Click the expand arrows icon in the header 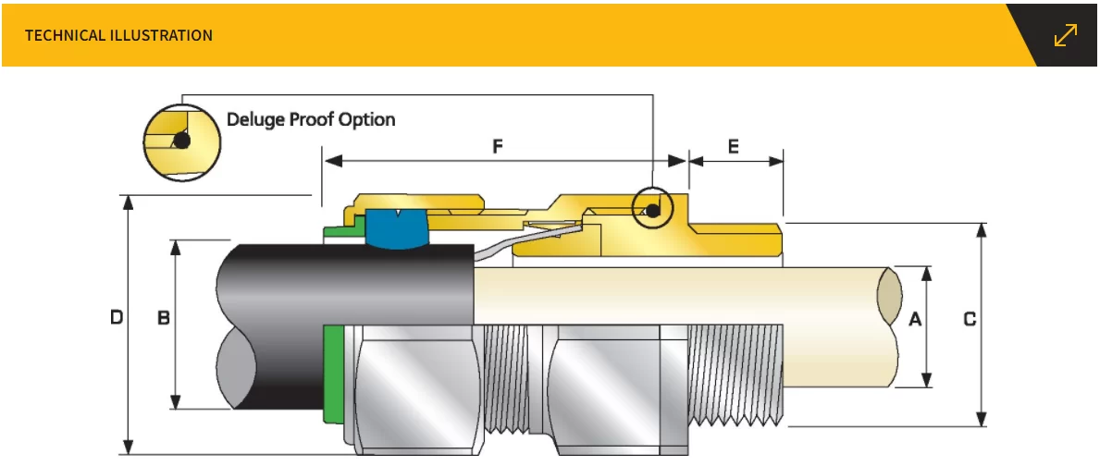[x=1066, y=35]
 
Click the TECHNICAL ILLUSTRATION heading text [x=118, y=35]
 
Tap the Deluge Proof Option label [x=311, y=119]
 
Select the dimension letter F [x=498, y=146]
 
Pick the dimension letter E [x=734, y=146]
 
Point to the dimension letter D [x=117, y=318]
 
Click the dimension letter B [x=163, y=318]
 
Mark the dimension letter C [x=970, y=320]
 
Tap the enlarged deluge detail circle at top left [x=182, y=141]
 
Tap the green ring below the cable [x=330, y=374]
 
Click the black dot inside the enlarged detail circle [x=183, y=141]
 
